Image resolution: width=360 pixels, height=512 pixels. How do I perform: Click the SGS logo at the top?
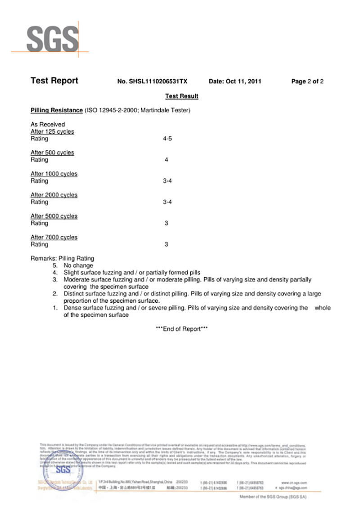click(x=52, y=39)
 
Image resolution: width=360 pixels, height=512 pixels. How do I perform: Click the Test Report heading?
click(x=54, y=81)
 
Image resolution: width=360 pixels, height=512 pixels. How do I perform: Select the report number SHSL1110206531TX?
click(x=152, y=82)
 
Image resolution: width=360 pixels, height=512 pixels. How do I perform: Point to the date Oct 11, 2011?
click(x=235, y=82)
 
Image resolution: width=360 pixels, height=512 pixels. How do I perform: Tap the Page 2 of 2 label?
click(x=307, y=82)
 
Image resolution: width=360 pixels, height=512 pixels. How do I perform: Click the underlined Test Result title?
click(x=182, y=96)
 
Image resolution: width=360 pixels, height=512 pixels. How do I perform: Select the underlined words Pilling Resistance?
click(x=56, y=110)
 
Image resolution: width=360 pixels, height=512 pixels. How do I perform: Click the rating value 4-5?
click(x=167, y=139)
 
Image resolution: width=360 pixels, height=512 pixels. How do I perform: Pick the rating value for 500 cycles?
click(x=166, y=160)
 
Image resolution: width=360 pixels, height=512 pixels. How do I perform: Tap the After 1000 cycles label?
click(x=54, y=174)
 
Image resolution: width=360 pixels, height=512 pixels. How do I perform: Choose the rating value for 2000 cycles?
click(x=167, y=202)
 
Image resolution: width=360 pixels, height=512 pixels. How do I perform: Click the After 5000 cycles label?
click(x=54, y=216)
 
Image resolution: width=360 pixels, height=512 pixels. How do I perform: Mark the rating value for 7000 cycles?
click(x=166, y=244)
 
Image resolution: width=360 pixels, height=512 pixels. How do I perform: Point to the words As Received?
click(x=48, y=124)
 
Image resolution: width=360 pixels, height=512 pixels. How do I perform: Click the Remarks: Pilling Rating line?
click(x=63, y=258)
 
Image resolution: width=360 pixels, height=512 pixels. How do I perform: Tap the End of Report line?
click(x=182, y=329)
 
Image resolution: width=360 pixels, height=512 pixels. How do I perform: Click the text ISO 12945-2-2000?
click(x=111, y=110)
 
